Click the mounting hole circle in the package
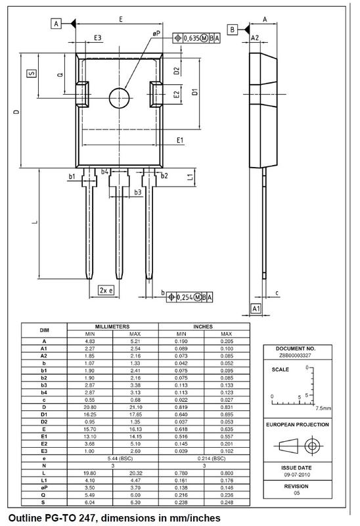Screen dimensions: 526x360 click(x=120, y=97)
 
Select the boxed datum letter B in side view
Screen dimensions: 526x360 click(x=233, y=30)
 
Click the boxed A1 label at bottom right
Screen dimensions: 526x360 click(x=257, y=308)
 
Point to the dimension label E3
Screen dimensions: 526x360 click(x=97, y=39)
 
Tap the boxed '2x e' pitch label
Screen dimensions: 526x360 click(x=105, y=290)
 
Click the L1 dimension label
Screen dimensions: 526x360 click(x=191, y=177)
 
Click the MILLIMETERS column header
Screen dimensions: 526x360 click(x=112, y=326)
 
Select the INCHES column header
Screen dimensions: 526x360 click(x=204, y=326)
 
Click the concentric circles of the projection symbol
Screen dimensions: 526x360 click(x=313, y=445)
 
